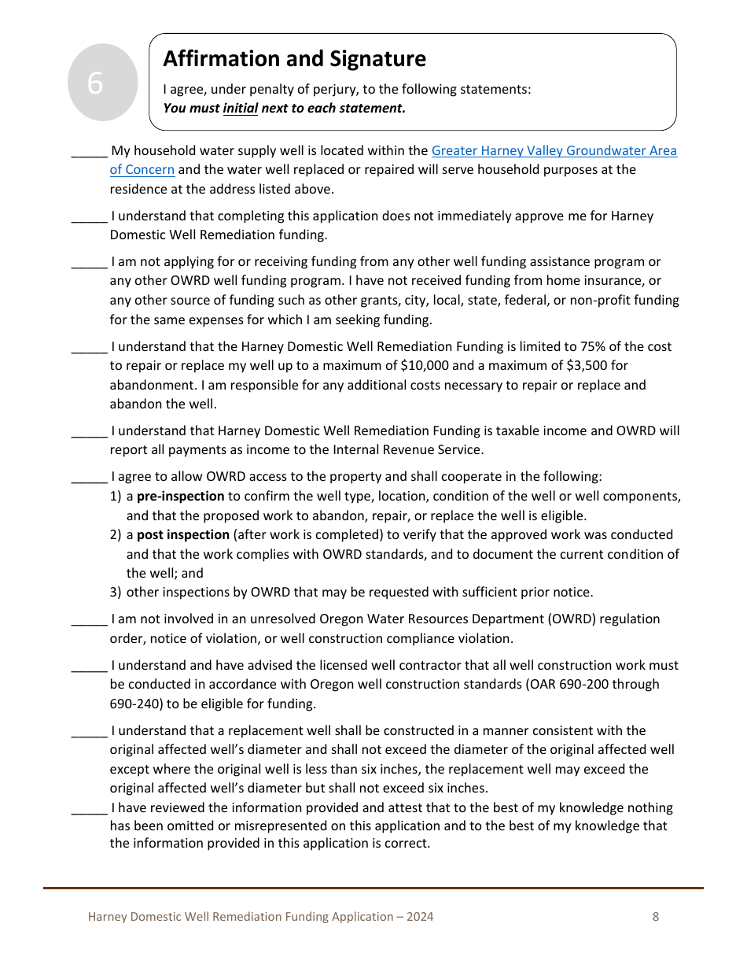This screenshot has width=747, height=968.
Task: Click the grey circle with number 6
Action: [x=95, y=83]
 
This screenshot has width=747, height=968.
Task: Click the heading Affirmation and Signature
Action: [x=294, y=59]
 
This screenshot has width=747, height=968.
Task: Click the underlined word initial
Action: [x=241, y=109]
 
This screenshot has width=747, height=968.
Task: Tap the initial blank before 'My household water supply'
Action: [x=89, y=152]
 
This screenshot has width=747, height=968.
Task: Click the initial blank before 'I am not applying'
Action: [x=89, y=263]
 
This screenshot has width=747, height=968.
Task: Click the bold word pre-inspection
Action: [x=180, y=497]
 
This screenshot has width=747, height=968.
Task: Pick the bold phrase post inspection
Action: [x=183, y=535]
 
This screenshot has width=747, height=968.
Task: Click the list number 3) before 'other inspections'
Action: [x=116, y=593]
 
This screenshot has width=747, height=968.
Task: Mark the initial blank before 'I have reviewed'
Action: [x=89, y=809]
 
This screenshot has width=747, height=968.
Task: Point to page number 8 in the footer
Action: [x=656, y=917]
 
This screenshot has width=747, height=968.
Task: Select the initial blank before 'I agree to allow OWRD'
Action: [x=89, y=478]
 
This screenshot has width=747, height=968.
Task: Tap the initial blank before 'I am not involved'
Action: [x=89, y=620]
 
